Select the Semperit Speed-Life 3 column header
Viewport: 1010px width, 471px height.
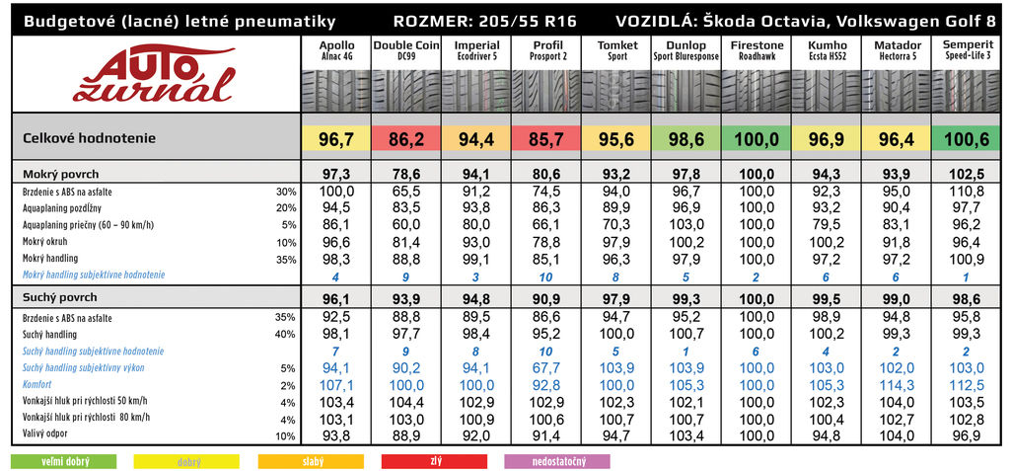click(x=968, y=50)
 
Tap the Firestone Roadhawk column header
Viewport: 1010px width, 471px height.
click(x=757, y=50)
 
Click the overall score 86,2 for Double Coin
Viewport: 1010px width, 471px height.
click(x=406, y=139)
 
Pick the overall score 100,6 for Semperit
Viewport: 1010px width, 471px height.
click(x=968, y=139)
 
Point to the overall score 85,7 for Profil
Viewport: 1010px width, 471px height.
click(x=547, y=139)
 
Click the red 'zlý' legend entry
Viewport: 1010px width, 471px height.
click(x=435, y=461)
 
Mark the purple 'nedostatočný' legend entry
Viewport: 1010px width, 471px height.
click(x=557, y=461)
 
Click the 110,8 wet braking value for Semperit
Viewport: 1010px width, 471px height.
click(x=968, y=191)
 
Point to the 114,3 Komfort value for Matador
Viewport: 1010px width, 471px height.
click(x=898, y=384)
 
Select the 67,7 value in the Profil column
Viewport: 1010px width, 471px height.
click(x=547, y=368)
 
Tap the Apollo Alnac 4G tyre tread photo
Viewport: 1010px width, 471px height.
click(x=336, y=89)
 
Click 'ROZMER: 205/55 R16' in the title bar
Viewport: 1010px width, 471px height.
click(x=484, y=21)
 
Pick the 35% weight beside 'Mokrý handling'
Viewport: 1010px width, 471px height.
click(x=287, y=259)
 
